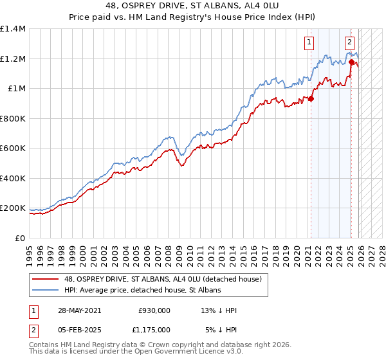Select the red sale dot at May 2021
coord(311,98)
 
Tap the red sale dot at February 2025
coord(351,62)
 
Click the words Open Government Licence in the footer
coord(179,352)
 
